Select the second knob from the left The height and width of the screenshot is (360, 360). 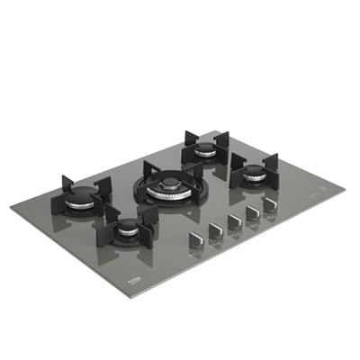[x=214, y=231]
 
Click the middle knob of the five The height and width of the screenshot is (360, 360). [x=232, y=220]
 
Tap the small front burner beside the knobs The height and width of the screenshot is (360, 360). [x=129, y=225]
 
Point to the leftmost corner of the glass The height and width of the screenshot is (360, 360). [x=11, y=206]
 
